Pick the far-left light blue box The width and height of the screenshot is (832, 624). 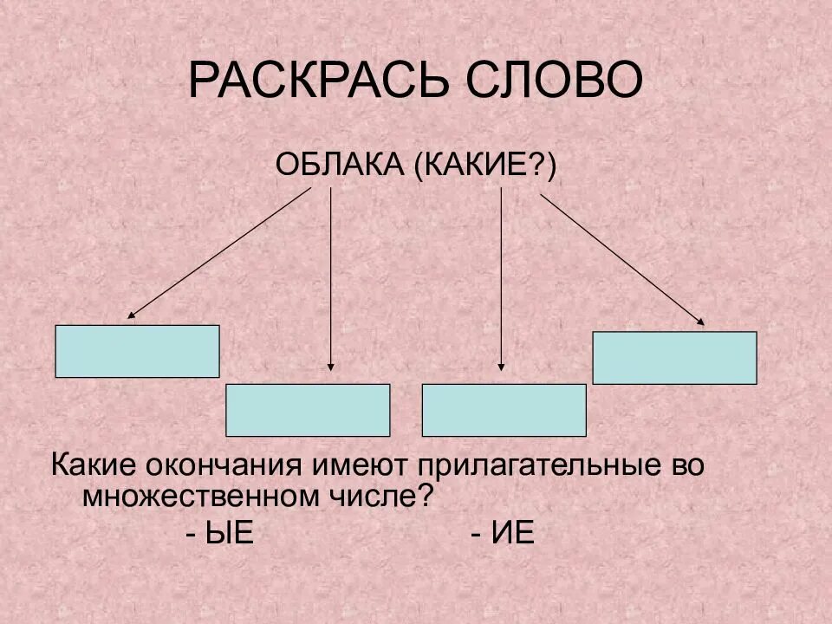137,351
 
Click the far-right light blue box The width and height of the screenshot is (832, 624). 674,357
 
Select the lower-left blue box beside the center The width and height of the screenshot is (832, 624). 308,410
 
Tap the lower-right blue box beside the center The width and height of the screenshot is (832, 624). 504,410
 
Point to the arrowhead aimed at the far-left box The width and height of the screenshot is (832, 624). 131,316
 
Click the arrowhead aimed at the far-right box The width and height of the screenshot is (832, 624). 701,324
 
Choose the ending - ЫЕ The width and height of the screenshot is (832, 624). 219,532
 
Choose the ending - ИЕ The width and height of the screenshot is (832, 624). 504,532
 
